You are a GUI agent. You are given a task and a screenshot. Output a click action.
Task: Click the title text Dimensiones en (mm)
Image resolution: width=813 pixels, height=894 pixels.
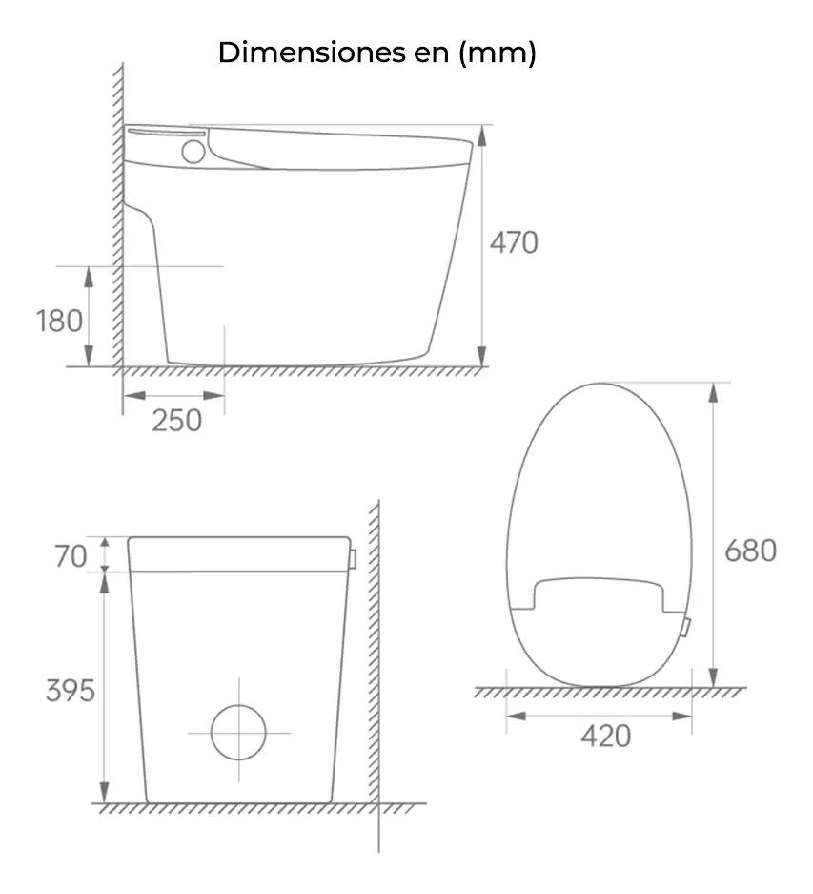coord(376,52)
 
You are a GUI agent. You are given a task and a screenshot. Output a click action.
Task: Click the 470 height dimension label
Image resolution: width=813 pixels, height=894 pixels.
coord(514,242)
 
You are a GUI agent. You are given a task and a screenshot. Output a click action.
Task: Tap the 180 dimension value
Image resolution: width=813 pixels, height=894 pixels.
coord(60,321)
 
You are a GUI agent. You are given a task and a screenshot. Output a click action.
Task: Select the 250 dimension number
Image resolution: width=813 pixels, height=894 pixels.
coord(177,420)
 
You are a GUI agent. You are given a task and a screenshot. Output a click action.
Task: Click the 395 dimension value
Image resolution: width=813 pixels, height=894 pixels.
coord(71,691)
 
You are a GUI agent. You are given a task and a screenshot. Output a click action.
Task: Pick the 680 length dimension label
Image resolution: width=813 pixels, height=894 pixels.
coord(750,551)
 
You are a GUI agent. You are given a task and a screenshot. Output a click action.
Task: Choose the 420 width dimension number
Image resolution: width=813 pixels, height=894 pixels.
coord(605,736)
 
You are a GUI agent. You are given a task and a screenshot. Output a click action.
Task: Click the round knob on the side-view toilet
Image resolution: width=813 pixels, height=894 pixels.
coord(193,151)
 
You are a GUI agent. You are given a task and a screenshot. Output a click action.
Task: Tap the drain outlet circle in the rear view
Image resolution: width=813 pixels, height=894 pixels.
coord(238,732)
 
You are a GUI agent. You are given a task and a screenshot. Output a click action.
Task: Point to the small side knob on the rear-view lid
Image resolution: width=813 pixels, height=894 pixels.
coord(353,556)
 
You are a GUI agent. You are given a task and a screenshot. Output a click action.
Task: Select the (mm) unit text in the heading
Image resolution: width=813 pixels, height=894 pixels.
coord(498,52)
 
